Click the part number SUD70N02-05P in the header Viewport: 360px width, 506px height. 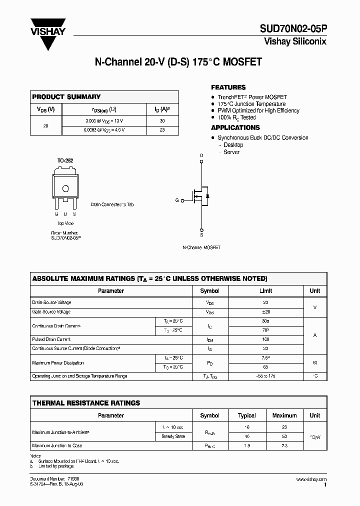292,30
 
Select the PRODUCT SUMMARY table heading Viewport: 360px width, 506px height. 66,97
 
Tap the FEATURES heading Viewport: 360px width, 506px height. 228,87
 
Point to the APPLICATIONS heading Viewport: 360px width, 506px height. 235,128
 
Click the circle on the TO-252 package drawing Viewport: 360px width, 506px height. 65,188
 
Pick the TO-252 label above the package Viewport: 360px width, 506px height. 65,160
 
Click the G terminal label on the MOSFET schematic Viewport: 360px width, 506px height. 176,200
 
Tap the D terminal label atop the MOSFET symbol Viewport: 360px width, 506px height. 201,155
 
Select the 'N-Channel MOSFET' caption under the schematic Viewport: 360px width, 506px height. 201,247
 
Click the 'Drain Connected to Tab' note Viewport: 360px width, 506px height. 112,204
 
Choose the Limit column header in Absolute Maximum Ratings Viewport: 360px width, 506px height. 265,291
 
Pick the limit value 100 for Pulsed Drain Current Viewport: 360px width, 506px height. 265,339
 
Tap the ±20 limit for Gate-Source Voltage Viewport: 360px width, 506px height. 265,312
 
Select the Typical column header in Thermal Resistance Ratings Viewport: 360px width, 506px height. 247,415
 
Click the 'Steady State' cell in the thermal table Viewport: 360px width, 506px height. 173,436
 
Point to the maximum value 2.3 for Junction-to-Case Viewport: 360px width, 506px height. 284,445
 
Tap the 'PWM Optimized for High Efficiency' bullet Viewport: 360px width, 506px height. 258,110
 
